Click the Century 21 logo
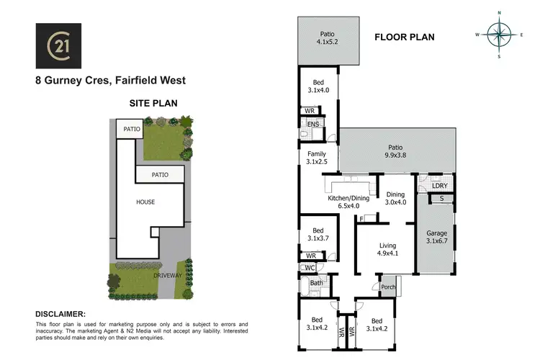[x=58, y=46]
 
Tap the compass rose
[x=498, y=33]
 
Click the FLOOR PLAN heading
[x=404, y=37]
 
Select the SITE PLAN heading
[x=153, y=103]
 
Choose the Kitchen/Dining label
[x=348, y=198]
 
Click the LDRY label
[x=440, y=186]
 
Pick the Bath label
[x=316, y=283]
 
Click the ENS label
[x=313, y=125]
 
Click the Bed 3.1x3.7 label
[x=316, y=233]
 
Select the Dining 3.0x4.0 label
[x=396, y=199]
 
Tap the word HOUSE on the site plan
[x=146, y=202]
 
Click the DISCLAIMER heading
[x=60, y=314]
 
